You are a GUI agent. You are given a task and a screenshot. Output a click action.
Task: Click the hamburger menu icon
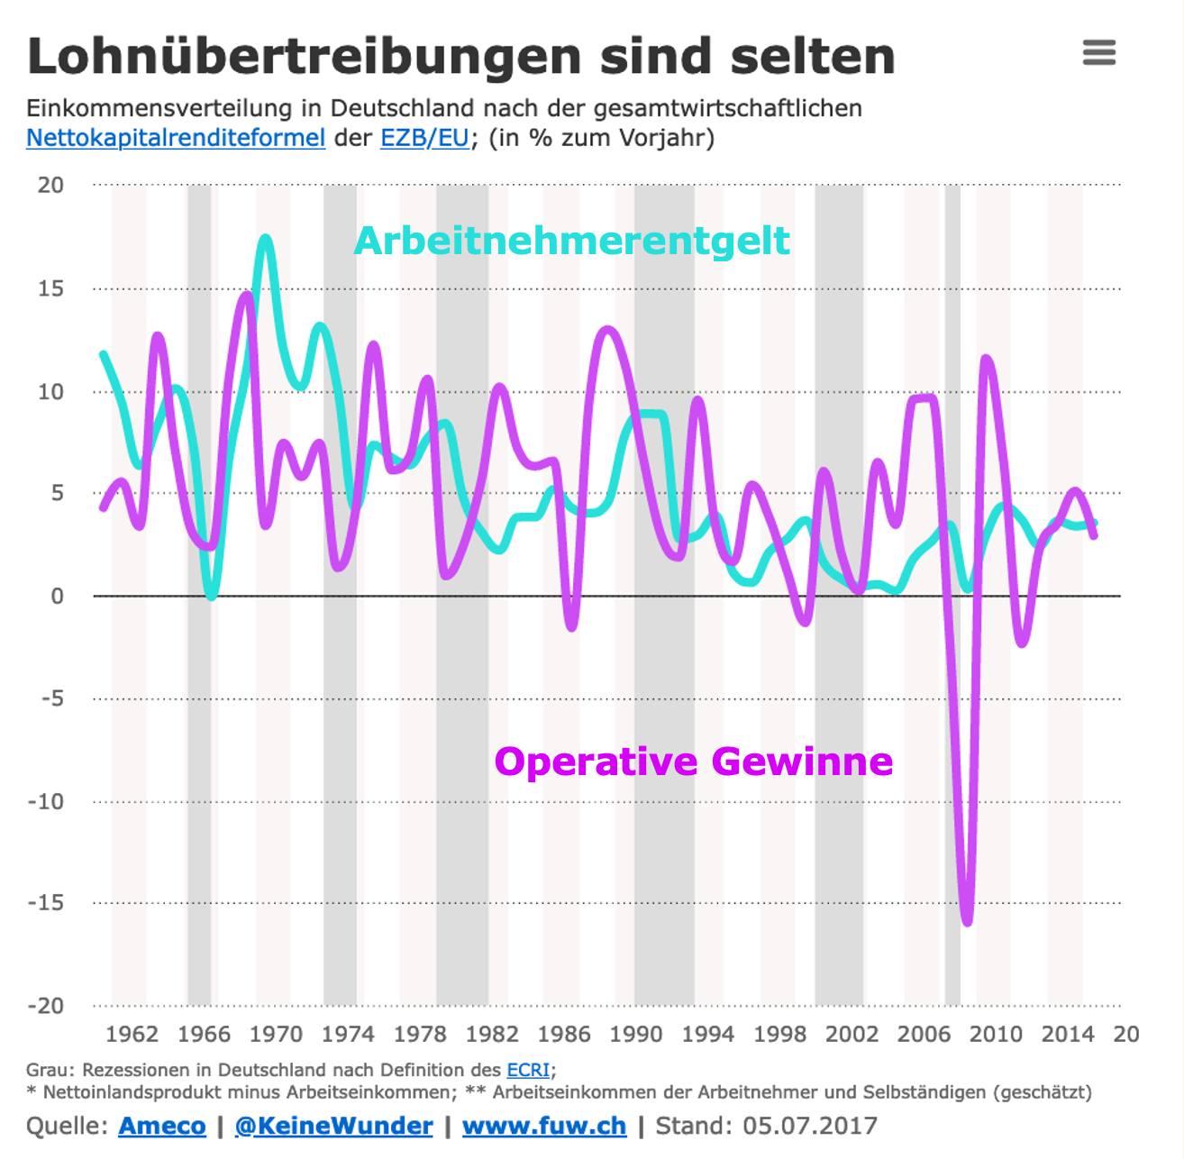(1098, 52)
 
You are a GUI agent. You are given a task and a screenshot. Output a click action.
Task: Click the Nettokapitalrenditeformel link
(176, 138)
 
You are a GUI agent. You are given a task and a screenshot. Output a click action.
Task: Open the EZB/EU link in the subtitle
(424, 138)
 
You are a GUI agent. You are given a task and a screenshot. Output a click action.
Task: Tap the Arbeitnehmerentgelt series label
(572, 241)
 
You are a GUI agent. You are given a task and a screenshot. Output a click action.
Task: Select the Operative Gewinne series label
(693, 762)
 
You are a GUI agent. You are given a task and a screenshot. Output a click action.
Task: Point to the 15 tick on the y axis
(51, 288)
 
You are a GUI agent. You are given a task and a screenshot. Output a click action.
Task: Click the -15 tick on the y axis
(46, 902)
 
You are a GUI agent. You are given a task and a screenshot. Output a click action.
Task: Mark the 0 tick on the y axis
(57, 596)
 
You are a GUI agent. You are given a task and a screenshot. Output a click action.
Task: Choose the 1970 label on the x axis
(276, 1034)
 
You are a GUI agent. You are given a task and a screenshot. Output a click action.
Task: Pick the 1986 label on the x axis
(564, 1034)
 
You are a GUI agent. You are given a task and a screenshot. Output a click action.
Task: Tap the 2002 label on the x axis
(852, 1034)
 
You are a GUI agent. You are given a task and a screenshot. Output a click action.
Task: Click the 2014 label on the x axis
(1068, 1034)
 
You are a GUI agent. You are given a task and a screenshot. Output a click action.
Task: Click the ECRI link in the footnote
(528, 1070)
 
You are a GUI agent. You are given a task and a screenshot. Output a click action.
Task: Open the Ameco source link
(162, 1126)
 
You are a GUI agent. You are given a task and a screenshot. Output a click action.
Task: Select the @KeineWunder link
(333, 1126)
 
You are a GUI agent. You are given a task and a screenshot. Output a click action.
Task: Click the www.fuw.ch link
(544, 1126)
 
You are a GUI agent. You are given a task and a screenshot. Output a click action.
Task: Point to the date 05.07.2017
(809, 1126)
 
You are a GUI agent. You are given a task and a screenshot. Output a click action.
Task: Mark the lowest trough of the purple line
(968, 922)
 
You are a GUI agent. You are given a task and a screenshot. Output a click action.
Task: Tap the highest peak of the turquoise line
(265, 238)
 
